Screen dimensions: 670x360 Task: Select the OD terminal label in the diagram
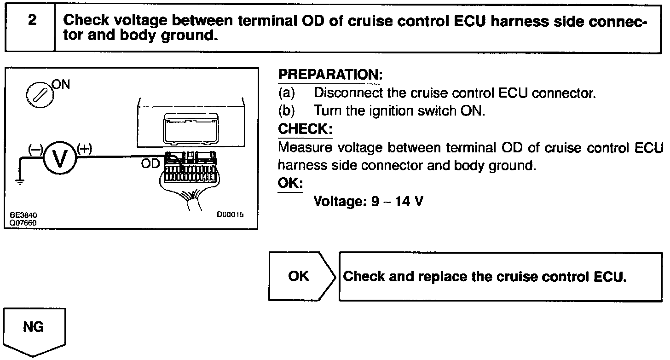tap(150, 163)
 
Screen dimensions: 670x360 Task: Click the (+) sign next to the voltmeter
tap(85, 148)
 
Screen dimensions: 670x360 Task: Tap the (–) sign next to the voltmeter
tap(35, 149)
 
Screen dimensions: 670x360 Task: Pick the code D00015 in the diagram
tap(230, 215)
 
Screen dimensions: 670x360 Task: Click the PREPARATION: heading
tap(330, 75)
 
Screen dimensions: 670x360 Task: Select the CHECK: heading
tap(305, 129)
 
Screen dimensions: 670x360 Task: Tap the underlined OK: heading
tap(290, 183)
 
